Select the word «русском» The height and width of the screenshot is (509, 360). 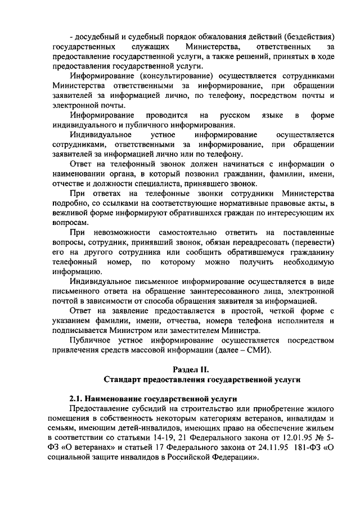pos(236,115)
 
